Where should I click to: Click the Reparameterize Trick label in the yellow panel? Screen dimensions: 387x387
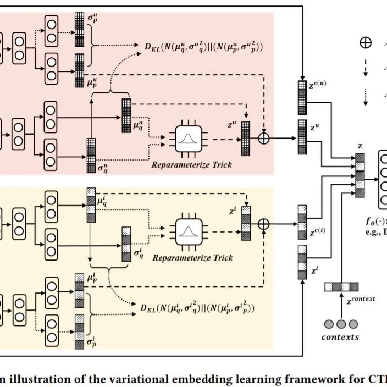(x=192, y=257)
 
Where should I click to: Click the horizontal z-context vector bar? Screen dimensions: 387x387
(x=341, y=286)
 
